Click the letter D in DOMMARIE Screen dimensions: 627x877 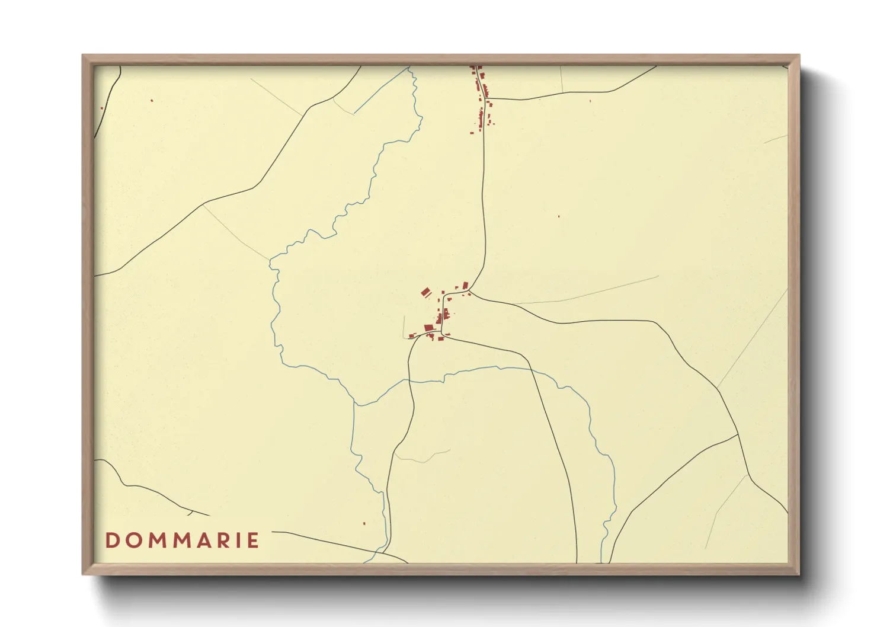point(111,540)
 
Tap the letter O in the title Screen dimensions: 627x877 point(133,540)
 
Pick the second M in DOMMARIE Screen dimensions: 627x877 point(185,540)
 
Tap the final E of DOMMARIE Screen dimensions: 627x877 point(254,540)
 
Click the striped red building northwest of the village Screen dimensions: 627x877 point(425,292)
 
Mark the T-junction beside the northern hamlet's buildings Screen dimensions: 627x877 point(486,98)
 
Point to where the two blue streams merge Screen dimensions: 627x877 point(354,405)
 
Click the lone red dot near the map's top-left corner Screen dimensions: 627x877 point(152,101)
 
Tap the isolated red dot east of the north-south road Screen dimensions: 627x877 point(559,216)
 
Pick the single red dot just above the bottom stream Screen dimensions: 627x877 point(364,523)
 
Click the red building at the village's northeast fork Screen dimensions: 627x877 point(466,285)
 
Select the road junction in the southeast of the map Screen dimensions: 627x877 point(738,434)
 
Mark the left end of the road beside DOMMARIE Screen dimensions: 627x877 point(273,532)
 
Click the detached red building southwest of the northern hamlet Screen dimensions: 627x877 point(472,133)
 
